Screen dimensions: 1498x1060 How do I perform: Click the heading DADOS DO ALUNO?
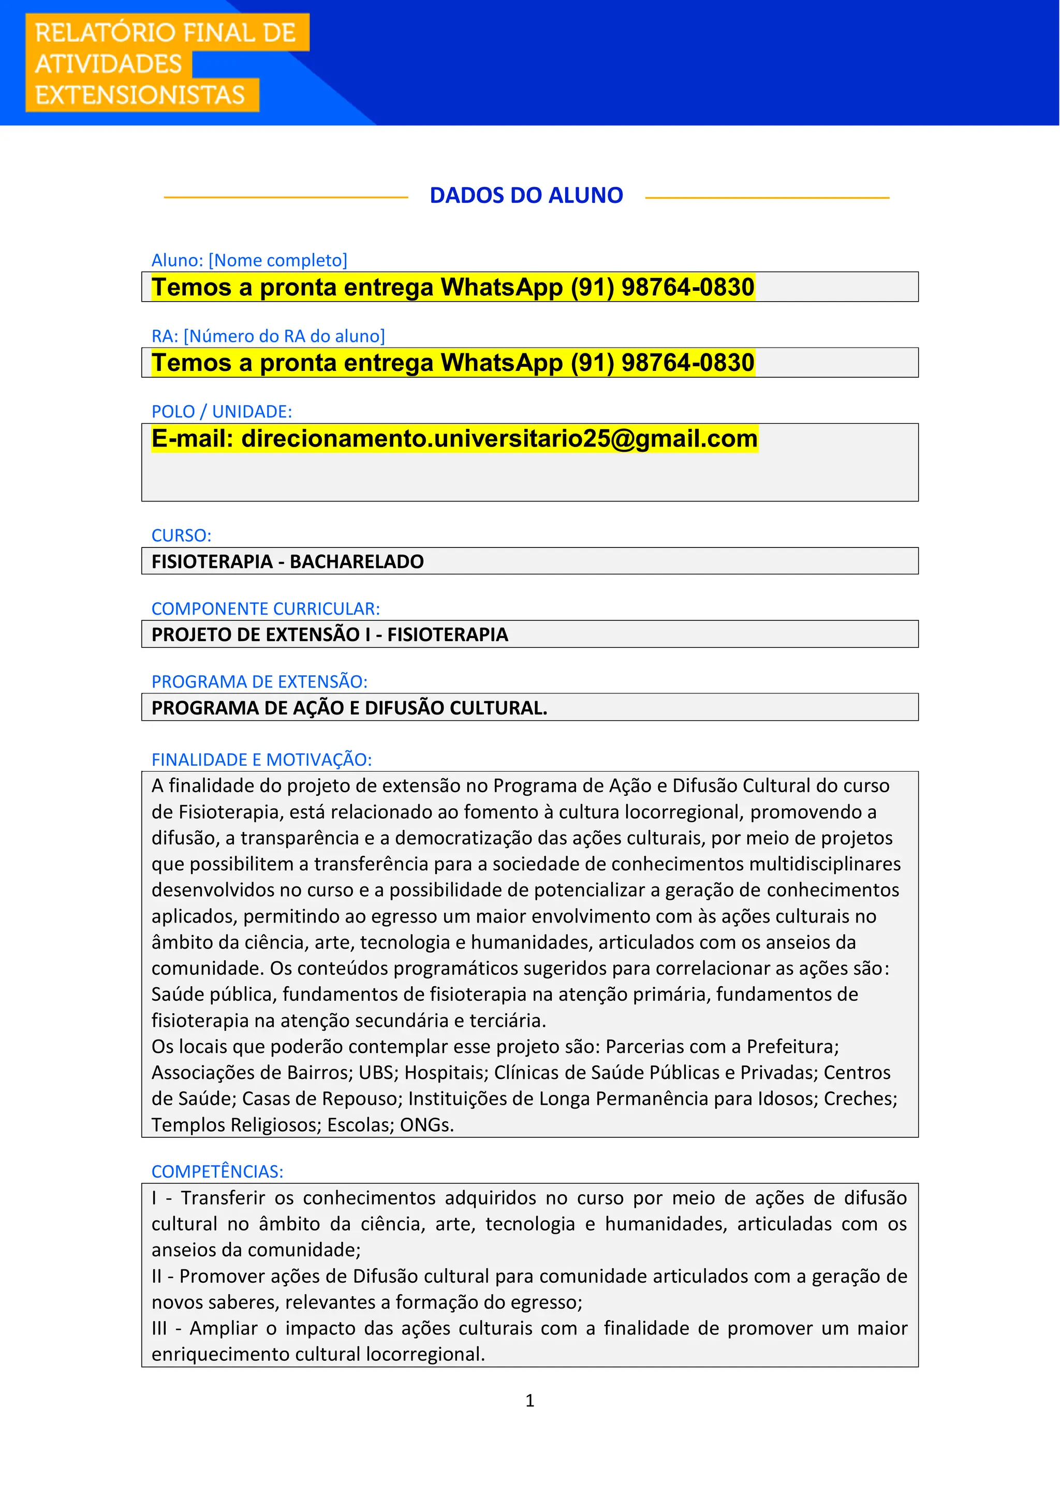(x=526, y=195)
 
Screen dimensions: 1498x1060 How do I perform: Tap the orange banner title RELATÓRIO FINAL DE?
(x=165, y=33)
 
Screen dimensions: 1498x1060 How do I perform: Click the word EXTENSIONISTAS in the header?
(x=140, y=95)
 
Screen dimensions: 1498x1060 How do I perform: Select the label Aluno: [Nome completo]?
(x=249, y=260)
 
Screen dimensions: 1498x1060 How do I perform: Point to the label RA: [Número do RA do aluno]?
(x=268, y=336)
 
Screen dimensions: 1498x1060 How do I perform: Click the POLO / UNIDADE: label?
(x=222, y=412)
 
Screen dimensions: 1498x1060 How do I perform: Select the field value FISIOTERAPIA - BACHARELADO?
(x=288, y=562)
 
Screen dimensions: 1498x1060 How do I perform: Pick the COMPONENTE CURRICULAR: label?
(x=266, y=609)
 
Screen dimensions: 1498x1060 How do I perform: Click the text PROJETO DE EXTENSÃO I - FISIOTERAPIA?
(x=330, y=635)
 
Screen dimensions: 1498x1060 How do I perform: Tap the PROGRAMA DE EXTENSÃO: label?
(x=260, y=682)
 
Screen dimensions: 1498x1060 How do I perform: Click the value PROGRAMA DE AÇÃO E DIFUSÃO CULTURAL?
(x=349, y=708)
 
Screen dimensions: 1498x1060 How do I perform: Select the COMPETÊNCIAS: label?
(x=217, y=1172)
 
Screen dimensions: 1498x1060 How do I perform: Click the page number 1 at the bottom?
(x=530, y=1401)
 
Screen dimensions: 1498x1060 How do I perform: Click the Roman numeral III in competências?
(x=159, y=1329)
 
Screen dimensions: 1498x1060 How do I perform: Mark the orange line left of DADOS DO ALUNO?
(x=286, y=197)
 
